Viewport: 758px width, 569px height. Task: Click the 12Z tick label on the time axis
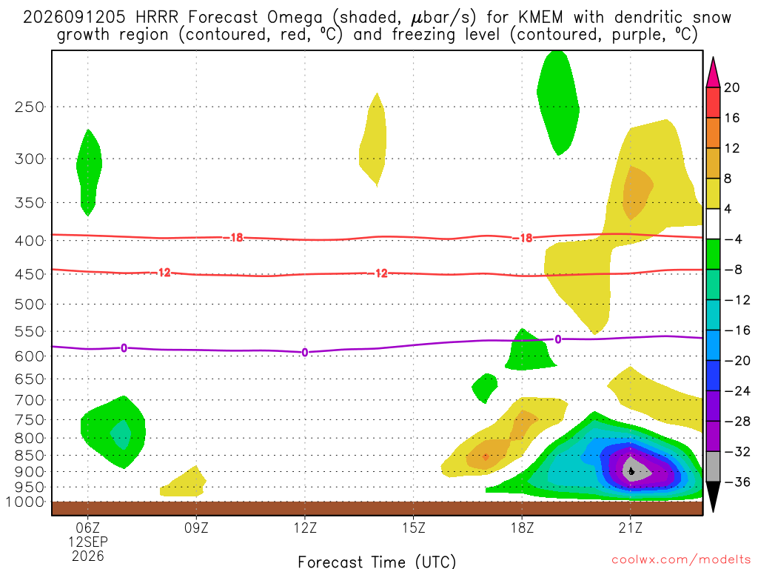tap(305, 528)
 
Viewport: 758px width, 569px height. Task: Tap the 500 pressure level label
tap(30, 305)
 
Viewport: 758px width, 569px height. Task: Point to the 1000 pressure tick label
tap(26, 502)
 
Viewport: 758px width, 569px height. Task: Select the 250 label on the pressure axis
tap(30, 107)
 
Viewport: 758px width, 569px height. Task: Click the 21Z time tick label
tap(631, 528)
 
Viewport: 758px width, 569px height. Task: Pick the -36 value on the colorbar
tap(737, 482)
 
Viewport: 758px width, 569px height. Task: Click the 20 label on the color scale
tap(732, 87)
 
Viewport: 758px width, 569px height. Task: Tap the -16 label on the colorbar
tap(737, 330)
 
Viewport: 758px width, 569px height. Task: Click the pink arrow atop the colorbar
tap(713, 73)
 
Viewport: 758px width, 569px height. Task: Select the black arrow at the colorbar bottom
tap(713, 496)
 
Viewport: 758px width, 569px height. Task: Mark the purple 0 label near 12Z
tap(304, 352)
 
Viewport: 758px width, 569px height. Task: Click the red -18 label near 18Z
tap(526, 238)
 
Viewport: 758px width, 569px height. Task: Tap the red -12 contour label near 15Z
tap(380, 273)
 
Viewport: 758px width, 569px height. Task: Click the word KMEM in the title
tap(540, 18)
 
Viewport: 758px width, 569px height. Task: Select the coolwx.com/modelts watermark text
tap(681, 560)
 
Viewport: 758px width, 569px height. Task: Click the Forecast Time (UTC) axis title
tap(377, 562)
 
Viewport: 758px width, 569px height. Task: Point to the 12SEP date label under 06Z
tap(88, 542)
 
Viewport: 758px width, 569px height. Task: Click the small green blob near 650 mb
tap(485, 387)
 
